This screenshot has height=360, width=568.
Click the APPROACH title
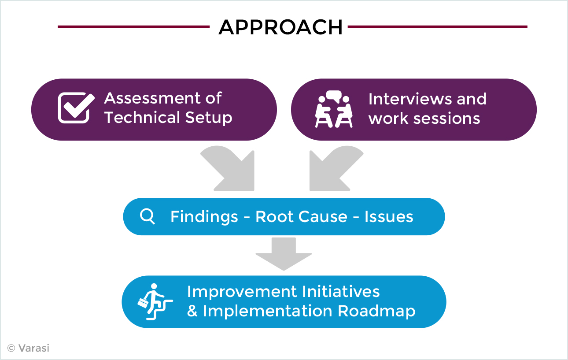point(280,27)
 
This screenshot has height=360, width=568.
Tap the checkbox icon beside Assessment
point(76,108)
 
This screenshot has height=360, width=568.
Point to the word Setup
point(209,118)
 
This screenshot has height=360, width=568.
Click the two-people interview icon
point(334,109)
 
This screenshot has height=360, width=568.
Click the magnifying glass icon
point(148,216)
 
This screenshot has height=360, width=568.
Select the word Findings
point(204,217)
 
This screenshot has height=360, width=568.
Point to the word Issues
point(389,217)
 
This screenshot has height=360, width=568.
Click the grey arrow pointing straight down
point(284,254)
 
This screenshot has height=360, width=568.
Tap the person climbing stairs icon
point(155,302)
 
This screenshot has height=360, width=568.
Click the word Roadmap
point(376,311)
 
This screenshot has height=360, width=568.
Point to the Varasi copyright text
point(28,349)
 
